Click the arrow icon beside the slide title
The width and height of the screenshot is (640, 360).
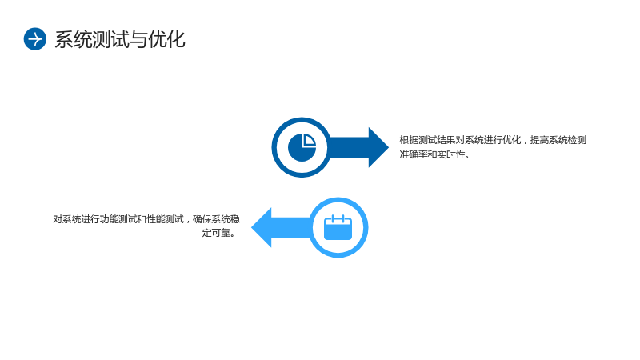tap(34, 39)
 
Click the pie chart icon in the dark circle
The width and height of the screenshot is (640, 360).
tap(302, 147)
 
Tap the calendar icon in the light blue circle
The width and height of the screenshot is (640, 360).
tap(338, 227)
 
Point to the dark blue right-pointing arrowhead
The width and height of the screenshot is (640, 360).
tap(378, 147)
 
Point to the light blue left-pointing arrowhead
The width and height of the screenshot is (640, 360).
tap(262, 227)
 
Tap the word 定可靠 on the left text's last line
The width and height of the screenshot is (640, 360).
tap(216, 233)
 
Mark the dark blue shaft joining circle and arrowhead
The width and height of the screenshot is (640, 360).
tap(349, 147)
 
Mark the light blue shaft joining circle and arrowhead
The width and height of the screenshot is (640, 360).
tap(291, 227)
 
